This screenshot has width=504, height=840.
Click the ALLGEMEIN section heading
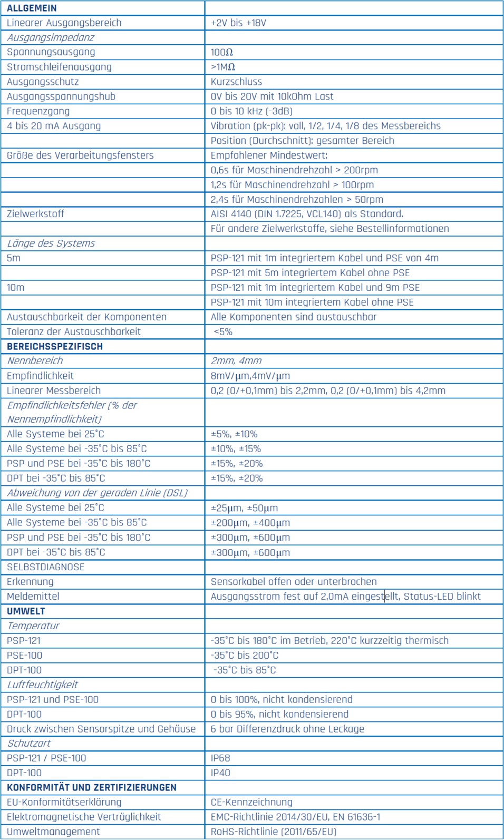pyautogui.click(x=32, y=8)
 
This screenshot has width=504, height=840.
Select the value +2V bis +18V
pyautogui.click(x=238, y=23)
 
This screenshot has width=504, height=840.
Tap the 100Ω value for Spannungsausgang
pyautogui.click(x=222, y=52)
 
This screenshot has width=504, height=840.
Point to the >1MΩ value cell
pyautogui.click(x=223, y=67)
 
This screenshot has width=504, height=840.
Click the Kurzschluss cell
pyautogui.click(x=236, y=82)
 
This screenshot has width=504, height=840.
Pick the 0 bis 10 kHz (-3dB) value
pyautogui.click(x=251, y=111)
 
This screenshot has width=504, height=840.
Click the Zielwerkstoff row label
pyautogui.click(x=35, y=213)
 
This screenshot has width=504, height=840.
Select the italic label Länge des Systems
pyautogui.click(x=51, y=243)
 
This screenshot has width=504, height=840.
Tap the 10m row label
pyautogui.click(x=15, y=287)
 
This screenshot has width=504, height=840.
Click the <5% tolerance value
pyautogui.click(x=223, y=331)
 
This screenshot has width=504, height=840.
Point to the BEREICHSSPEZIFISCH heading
pyautogui.click(x=55, y=346)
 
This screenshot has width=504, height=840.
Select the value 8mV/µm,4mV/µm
pyautogui.click(x=250, y=376)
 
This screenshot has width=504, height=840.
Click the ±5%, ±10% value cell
pyautogui.click(x=234, y=434)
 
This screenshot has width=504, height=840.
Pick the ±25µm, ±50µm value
pyautogui.click(x=244, y=508)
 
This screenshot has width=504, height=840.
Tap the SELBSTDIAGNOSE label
pyautogui.click(x=45, y=567)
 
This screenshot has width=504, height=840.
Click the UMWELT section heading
pyautogui.click(x=26, y=611)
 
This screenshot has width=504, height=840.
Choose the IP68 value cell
pyautogui.click(x=220, y=758)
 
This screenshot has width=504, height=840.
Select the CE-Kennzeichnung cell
pyautogui.click(x=251, y=802)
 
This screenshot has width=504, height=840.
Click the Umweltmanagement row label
pyautogui.click(x=53, y=832)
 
